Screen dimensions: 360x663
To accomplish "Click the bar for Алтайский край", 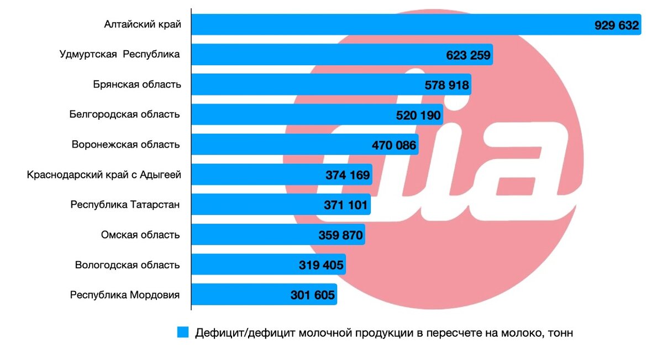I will point(387,25).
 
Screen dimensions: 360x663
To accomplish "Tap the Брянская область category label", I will point(137,85).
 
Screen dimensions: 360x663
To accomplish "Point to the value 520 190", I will point(419,115).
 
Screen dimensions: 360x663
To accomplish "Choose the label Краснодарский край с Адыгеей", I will point(104,175).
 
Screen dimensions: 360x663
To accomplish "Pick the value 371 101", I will point(346,205).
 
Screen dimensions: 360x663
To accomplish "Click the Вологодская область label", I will point(128,265).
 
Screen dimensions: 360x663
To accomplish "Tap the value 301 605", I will point(313,295).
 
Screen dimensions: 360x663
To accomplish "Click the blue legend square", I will point(183,332).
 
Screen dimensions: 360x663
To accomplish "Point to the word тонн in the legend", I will point(561,333).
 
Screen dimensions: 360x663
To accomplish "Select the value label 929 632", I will point(617,25).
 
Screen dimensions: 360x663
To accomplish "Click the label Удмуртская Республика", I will point(120,55).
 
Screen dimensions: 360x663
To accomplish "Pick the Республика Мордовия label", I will point(125,295).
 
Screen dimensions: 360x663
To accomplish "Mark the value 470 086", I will point(394,146).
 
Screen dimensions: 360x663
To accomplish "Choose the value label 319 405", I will point(322,266).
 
